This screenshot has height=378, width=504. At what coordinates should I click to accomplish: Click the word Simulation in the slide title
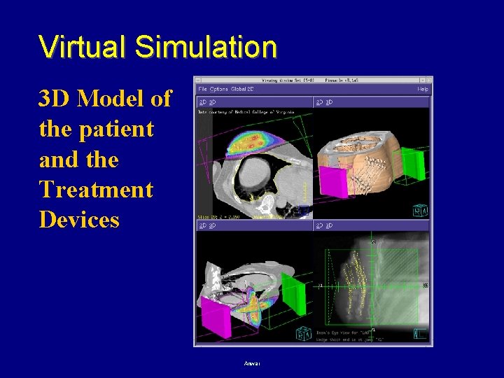pos(206,47)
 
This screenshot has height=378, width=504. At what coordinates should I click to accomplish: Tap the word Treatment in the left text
pos(96,190)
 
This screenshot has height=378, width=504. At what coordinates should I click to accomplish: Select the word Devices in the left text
pos(79,220)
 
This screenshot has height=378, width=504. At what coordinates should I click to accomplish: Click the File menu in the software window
pos(202,90)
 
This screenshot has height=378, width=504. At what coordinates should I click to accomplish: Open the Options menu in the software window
pos(218,90)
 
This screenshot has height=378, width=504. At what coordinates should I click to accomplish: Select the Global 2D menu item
pos(242,90)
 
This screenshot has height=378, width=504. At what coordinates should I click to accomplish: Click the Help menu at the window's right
pos(423,90)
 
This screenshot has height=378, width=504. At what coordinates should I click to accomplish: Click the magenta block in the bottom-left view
pos(216,315)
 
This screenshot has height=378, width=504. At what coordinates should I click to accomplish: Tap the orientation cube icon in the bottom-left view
pos(302,334)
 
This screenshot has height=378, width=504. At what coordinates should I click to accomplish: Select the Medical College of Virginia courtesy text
pos(241,112)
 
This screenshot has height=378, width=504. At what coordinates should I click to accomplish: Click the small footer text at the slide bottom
pos(252,363)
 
